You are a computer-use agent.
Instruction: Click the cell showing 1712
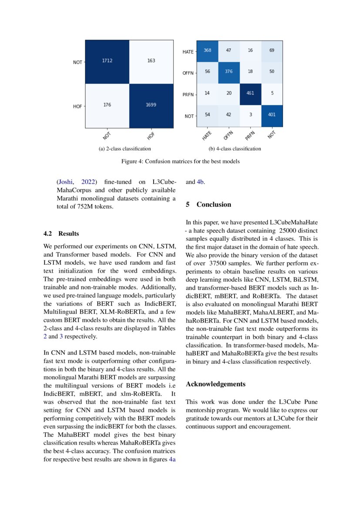click(107, 61)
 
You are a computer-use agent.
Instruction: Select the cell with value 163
click(151, 61)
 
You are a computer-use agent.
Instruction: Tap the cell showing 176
click(107, 104)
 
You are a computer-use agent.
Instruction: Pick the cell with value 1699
click(151, 104)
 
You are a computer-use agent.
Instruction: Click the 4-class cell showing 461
click(250, 93)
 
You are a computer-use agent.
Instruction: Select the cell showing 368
click(207, 50)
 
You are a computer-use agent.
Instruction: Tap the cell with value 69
click(272, 50)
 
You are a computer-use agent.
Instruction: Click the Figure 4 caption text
click(180, 162)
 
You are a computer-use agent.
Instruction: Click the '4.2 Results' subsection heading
click(61, 234)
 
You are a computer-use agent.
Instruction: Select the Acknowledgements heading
click(215, 384)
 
